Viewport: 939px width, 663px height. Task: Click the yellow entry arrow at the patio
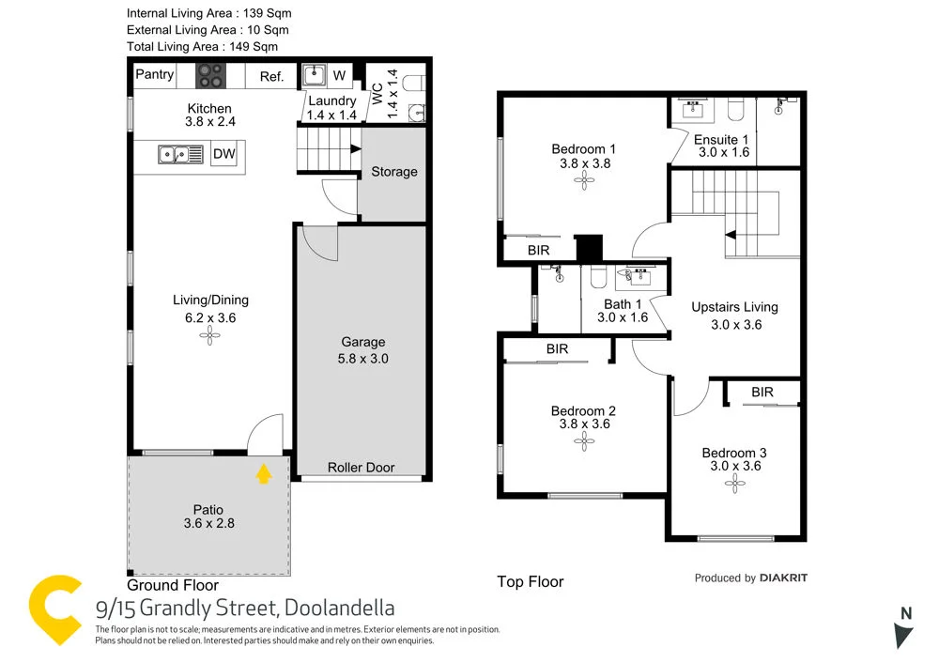(x=264, y=473)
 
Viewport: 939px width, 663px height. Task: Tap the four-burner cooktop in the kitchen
(x=210, y=75)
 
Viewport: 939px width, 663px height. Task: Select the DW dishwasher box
(x=223, y=154)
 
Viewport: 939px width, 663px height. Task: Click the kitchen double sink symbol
(x=181, y=154)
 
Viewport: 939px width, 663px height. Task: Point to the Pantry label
(x=156, y=74)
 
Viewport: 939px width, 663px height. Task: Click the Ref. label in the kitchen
(x=271, y=77)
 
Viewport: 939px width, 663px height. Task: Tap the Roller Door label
(x=361, y=468)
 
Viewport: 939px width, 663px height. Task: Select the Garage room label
(x=363, y=343)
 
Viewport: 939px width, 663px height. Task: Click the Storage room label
(x=393, y=172)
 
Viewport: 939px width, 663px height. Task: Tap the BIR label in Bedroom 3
(x=762, y=392)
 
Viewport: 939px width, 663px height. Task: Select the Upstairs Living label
(x=734, y=307)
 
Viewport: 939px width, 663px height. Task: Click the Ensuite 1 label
(x=720, y=140)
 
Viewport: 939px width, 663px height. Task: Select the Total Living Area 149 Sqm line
(x=202, y=46)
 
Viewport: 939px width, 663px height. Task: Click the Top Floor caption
(x=530, y=582)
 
